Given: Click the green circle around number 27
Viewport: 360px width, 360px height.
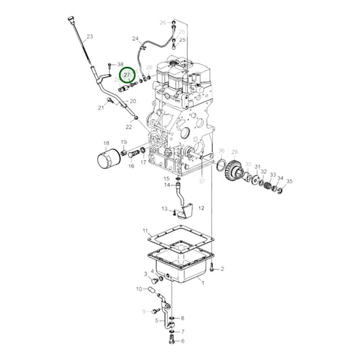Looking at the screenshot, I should pyautogui.click(x=128, y=78).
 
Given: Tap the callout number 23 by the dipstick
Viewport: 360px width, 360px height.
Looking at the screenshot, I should pyautogui.click(x=90, y=36).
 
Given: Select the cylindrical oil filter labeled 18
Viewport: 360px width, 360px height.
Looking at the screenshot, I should pyautogui.click(x=106, y=161).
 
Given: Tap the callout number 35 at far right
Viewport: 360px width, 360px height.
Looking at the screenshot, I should pyautogui.click(x=290, y=182).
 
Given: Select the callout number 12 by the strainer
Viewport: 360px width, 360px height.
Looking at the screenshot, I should pyautogui.click(x=201, y=210).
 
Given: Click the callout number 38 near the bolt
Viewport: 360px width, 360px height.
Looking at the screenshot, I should pyautogui.click(x=121, y=63).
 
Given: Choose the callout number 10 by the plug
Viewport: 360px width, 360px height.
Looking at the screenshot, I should pyautogui.click(x=139, y=289).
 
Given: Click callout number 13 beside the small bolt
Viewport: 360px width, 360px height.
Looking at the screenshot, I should pyautogui.click(x=164, y=209).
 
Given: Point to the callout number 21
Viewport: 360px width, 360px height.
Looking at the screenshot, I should pyautogui.click(x=101, y=107).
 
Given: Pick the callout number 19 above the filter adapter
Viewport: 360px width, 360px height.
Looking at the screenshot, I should pyautogui.click(x=124, y=142).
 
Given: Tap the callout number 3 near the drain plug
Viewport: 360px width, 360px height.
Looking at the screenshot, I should pyautogui.click(x=145, y=274).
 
